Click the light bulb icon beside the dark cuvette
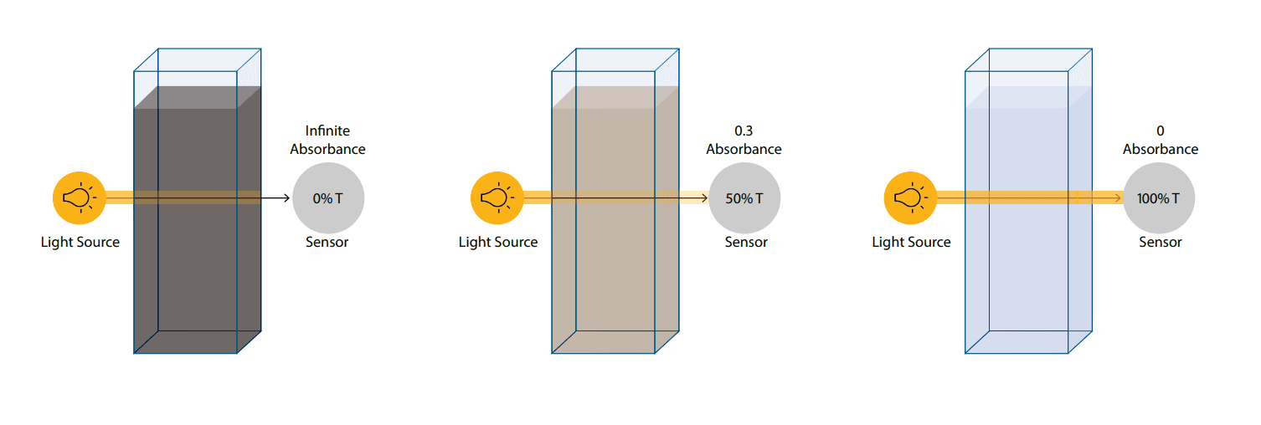click(x=79, y=198)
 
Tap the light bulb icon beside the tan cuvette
click(x=497, y=198)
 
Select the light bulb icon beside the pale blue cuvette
click(x=910, y=198)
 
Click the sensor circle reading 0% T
click(x=328, y=198)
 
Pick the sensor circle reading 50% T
click(x=744, y=198)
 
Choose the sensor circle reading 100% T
click(x=1159, y=198)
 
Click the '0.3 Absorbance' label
click(x=744, y=140)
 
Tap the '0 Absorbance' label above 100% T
click(x=1160, y=140)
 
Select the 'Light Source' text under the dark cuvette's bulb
click(x=80, y=243)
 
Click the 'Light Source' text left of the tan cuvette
click(x=498, y=243)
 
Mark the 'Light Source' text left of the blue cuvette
click(x=911, y=243)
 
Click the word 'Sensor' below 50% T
click(x=745, y=243)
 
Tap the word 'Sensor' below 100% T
click(x=1160, y=243)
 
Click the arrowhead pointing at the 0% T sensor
click(x=286, y=198)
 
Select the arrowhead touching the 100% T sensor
click(x=1119, y=198)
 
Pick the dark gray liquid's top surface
click(x=198, y=98)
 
